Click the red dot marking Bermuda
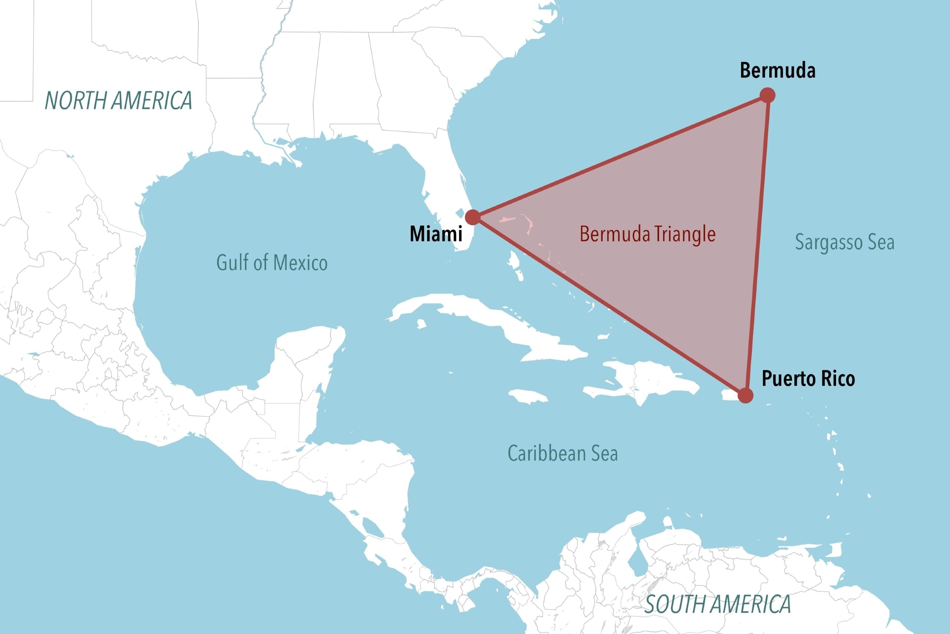click(767, 95)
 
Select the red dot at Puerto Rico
click(745, 396)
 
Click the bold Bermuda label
click(777, 71)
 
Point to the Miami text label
click(436, 234)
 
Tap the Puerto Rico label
click(808, 379)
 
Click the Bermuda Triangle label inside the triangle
click(648, 234)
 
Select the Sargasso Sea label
click(845, 242)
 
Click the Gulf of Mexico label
click(272, 263)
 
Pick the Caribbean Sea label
click(562, 453)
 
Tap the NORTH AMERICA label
click(118, 100)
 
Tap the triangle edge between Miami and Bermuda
click(620, 156)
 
